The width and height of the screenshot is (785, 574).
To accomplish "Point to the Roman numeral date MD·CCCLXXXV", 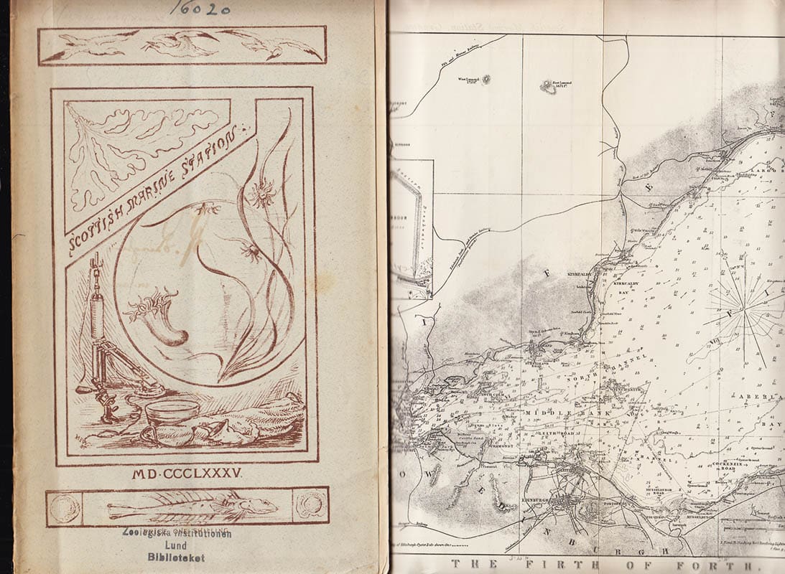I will [189, 474].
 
